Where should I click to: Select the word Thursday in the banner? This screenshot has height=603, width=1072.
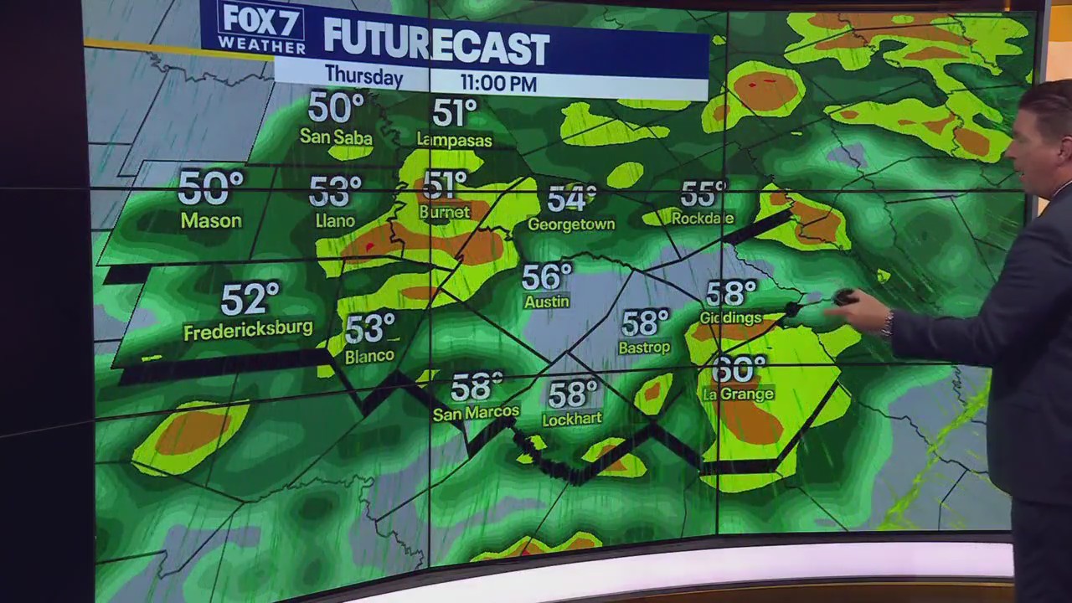(363, 75)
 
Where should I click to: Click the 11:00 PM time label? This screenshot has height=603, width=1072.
(497, 83)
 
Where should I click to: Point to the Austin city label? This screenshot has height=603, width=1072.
(546, 301)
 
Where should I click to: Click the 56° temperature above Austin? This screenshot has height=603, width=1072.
(546, 277)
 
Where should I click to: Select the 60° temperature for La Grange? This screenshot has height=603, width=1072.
(739, 369)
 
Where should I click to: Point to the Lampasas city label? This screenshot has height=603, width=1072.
(454, 140)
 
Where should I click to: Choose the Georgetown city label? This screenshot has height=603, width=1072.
(571, 224)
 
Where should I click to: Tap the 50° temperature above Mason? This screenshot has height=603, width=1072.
(209, 188)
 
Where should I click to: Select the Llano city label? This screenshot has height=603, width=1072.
(335, 221)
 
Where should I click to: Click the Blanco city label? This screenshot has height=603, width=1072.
(369, 356)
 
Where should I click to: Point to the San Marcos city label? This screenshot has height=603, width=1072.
(476, 412)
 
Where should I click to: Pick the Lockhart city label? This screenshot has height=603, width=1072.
(572, 419)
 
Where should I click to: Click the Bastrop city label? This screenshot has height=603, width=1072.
(644, 347)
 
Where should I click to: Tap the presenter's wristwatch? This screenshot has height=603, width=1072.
(886, 322)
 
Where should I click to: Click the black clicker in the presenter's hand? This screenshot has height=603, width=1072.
(844, 296)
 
